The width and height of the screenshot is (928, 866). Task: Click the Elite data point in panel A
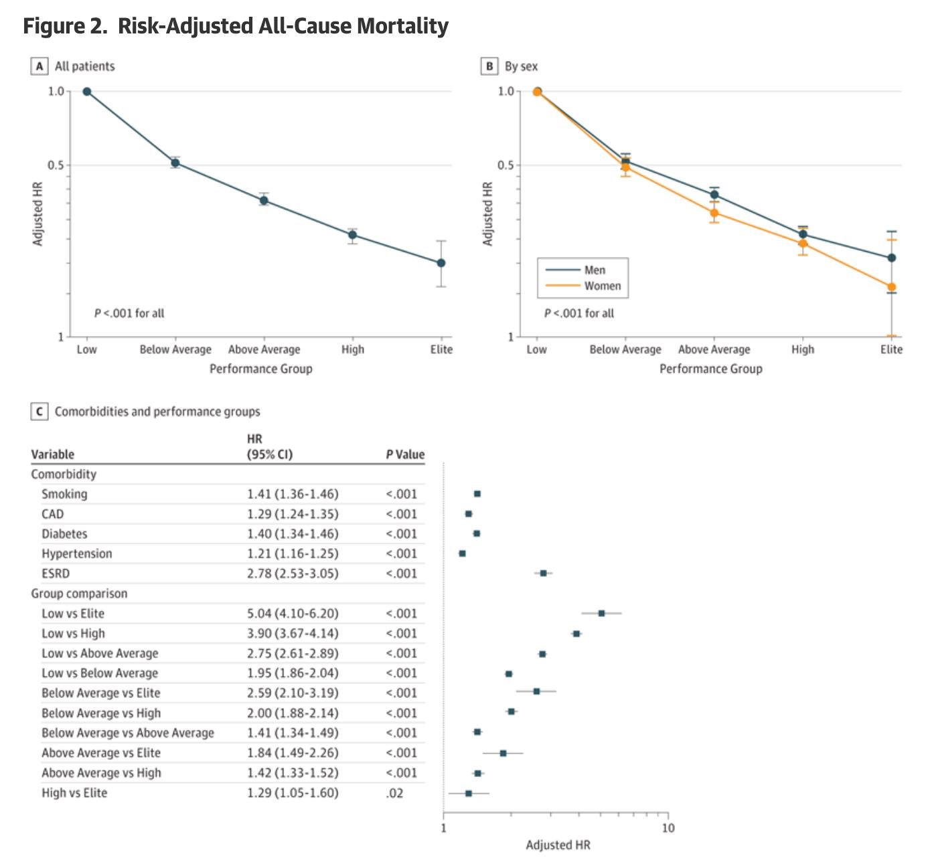(x=441, y=263)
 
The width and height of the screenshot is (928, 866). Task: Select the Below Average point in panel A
(x=175, y=163)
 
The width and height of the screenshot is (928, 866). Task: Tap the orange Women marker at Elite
(x=891, y=287)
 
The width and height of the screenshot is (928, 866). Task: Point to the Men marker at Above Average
(x=714, y=195)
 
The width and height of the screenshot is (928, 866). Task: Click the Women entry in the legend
(x=602, y=286)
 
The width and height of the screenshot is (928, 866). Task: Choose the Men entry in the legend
(x=595, y=270)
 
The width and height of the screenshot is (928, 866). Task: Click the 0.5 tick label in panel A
(x=56, y=165)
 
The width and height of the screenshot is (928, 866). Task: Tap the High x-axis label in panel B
(x=803, y=349)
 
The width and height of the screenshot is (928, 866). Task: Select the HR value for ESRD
(x=293, y=574)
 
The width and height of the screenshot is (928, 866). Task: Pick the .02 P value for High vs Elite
(x=394, y=793)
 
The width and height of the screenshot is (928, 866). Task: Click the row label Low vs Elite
(x=73, y=614)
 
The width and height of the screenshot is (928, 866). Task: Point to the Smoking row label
(x=64, y=494)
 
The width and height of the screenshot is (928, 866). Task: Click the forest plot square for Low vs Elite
(x=601, y=613)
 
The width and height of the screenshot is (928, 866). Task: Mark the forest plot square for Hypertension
(x=462, y=553)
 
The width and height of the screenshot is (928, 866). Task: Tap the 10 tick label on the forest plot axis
(x=668, y=829)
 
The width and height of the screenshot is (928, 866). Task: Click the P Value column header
(x=405, y=454)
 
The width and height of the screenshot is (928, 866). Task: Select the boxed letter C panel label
(x=40, y=412)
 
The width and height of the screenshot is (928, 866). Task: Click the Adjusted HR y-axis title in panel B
(x=488, y=213)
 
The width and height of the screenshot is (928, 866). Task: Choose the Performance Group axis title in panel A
(x=260, y=369)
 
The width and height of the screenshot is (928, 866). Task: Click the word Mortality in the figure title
(x=402, y=26)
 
